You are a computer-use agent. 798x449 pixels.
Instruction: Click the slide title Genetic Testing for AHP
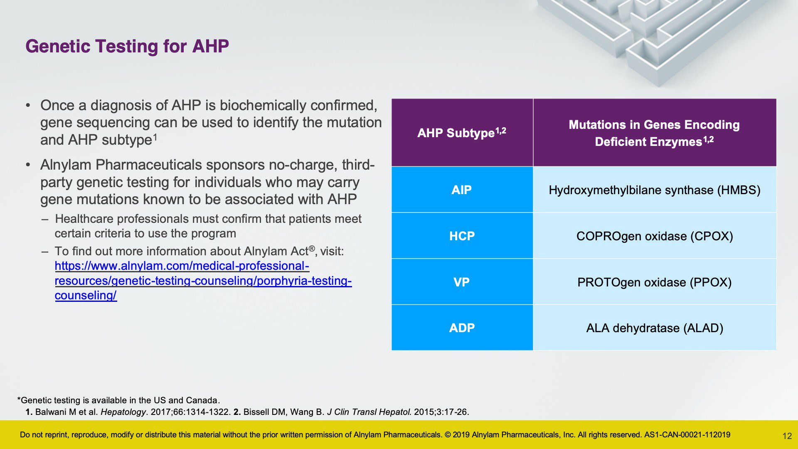coord(127,46)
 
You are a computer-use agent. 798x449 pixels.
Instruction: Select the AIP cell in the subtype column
coord(462,190)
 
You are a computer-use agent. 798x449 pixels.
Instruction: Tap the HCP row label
coord(462,236)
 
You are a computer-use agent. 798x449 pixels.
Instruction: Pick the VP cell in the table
coord(462,282)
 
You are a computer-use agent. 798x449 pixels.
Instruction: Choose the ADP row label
coord(462,328)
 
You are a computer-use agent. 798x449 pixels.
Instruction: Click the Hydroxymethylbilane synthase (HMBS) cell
coord(655,190)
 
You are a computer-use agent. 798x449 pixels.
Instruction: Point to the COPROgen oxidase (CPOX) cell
coord(655,236)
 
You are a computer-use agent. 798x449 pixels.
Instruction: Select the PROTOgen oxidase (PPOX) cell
coord(655,282)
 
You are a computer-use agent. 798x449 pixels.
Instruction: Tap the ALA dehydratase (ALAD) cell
coord(655,328)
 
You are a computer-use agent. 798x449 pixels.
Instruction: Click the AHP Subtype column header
coord(462,133)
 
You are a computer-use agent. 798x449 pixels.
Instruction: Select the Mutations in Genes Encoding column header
coord(655,133)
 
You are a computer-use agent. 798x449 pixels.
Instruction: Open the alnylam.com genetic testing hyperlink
coord(203,281)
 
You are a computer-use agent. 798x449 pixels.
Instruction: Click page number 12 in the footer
coord(787,436)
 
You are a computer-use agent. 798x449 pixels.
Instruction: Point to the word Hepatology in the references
coord(123,412)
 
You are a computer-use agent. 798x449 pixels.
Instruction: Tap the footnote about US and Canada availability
coord(118,400)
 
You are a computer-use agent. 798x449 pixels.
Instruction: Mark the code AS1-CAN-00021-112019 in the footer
coord(687,435)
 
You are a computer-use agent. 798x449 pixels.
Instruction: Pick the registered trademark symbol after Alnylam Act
coord(312,248)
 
